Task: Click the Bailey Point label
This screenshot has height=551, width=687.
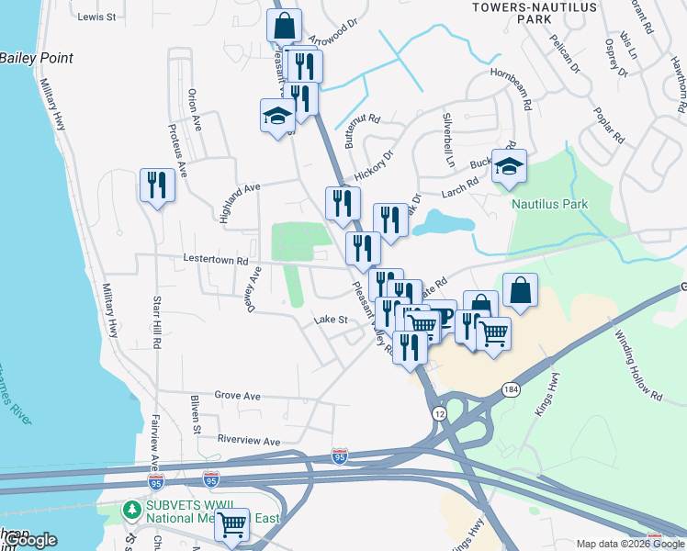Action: point(37,58)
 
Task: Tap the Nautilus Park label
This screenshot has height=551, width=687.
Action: point(549,203)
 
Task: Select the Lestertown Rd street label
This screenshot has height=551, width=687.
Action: point(216,260)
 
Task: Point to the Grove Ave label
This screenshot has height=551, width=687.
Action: point(237,396)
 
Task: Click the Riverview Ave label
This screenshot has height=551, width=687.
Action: point(248,441)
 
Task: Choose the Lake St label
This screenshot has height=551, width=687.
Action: point(330,320)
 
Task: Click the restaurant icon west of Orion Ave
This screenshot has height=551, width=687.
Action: point(156,186)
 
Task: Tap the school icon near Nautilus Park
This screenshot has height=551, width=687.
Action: point(509,166)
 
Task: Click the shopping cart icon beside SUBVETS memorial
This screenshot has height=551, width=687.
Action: point(232,525)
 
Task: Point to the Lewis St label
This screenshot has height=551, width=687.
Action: point(96,17)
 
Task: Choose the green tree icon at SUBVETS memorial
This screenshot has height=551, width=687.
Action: point(132,510)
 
